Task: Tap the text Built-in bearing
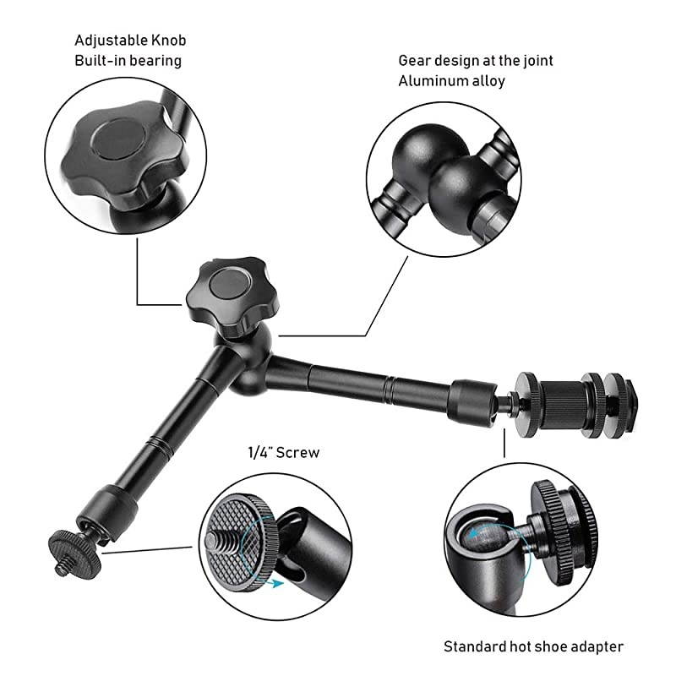point(128,61)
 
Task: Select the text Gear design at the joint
point(476,61)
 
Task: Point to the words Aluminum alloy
point(451,81)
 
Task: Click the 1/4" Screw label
point(282,453)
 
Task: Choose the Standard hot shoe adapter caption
point(533,646)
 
